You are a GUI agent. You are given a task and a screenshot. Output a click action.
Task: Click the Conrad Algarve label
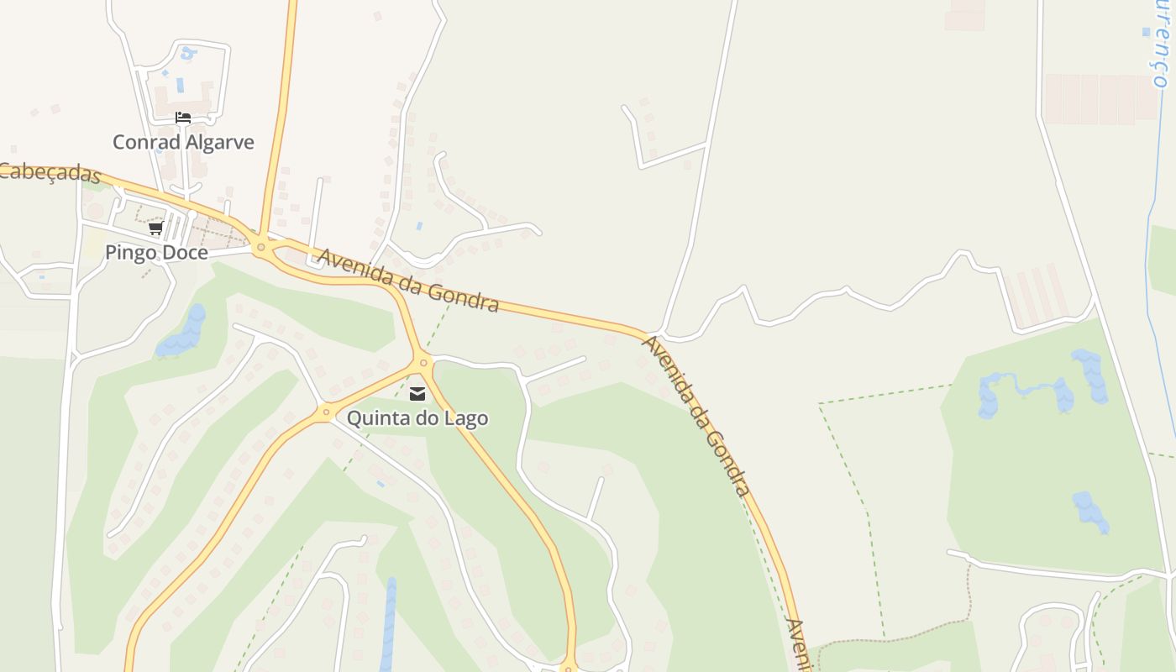coord(183,142)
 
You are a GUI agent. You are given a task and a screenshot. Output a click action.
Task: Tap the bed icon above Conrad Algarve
coord(183,118)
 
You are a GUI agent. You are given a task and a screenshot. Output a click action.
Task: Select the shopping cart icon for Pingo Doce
coord(155,228)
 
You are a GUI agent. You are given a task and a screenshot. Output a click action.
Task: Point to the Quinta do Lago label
coord(417,417)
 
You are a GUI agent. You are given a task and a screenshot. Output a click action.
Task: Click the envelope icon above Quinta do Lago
coord(417,393)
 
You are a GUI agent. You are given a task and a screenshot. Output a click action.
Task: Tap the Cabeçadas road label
coord(50,172)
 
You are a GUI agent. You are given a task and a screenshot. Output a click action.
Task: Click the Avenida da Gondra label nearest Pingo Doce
coord(408,280)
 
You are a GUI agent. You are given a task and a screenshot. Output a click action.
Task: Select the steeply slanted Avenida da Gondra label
coord(696,415)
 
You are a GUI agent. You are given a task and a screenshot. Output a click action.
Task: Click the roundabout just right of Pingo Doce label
coord(261,246)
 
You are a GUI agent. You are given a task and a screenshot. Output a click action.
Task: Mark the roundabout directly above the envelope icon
coord(423,363)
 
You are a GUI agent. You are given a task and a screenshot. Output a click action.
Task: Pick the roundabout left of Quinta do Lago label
coord(325,412)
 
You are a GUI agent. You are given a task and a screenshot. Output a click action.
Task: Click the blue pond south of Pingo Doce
coord(184,332)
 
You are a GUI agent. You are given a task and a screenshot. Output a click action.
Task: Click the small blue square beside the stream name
coord(1146,32)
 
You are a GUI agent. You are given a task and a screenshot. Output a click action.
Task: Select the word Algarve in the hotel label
coord(220,142)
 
